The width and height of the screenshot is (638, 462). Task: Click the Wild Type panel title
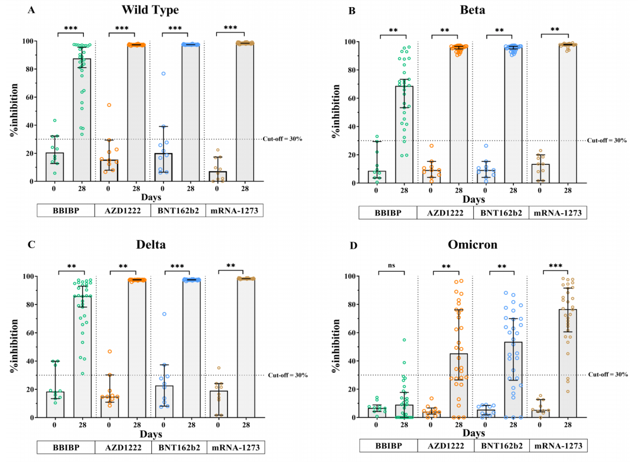click(x=150, y=10)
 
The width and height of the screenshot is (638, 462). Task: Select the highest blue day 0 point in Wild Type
click(x=163, y=74)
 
